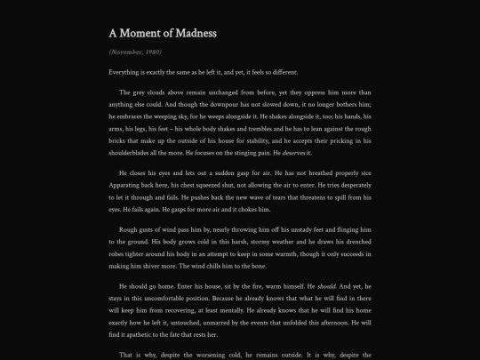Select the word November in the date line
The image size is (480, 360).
coord(128,52)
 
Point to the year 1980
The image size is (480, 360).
coord(153,52)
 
